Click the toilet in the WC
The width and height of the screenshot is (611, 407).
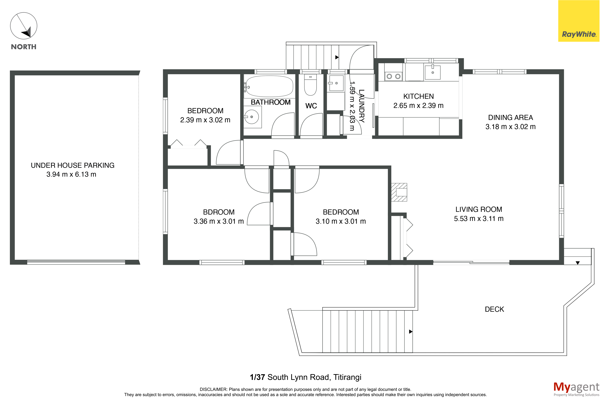[310, 85]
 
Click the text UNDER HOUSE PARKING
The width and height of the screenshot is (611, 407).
[73, 165]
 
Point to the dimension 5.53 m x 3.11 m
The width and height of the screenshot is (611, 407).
[479, 219]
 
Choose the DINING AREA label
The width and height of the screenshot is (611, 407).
[510, 118]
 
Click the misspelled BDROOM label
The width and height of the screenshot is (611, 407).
[219, 212]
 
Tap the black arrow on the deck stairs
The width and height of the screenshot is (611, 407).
[410, 332]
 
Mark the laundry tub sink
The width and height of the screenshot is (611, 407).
[336, 83]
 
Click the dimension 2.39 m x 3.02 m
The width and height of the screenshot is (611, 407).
[205, 120]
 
